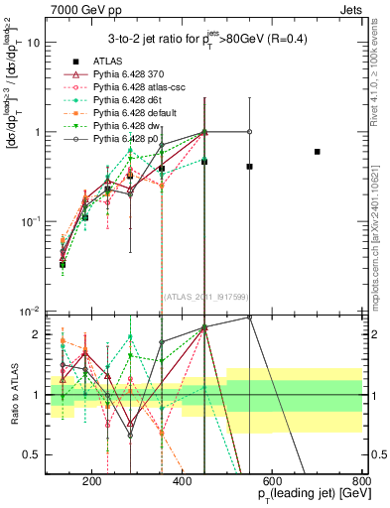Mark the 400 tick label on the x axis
pyautogui.click(x=183, y=479)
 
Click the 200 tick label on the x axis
pyautogui.click(x=92, y=479)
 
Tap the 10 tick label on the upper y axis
pyautogui.click(x=35, y=43)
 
